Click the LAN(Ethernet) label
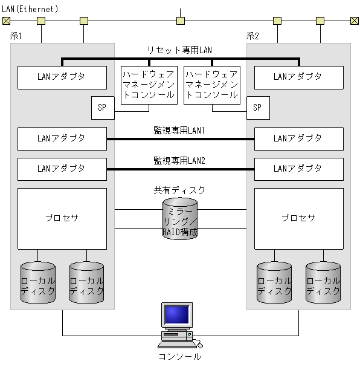click(30, 8)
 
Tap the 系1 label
click(16, 36)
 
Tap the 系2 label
click(252, 36)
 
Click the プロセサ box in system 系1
click(62, 218)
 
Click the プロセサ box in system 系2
click(298, 218)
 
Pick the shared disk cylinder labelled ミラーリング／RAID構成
click(180, 219)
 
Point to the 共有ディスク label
click(179, 190)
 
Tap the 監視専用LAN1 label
click(179, 130)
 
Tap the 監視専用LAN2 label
click(179, 160)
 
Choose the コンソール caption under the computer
click(179, 357)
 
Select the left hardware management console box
click(149, 85)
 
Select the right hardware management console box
click(211, 85)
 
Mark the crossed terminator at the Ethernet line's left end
click(6, 21)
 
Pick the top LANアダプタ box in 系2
click(298, 77)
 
